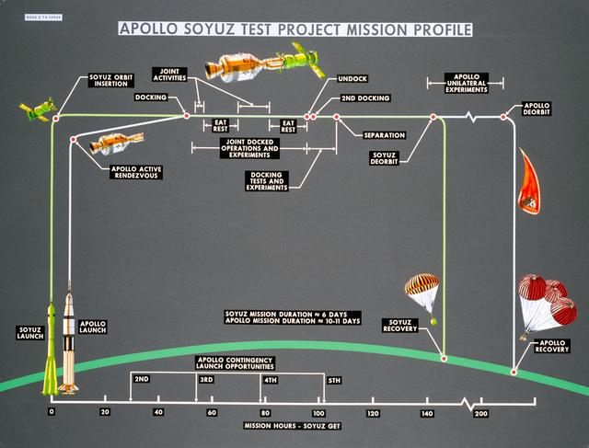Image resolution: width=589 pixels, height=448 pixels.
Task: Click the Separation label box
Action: point(383,135)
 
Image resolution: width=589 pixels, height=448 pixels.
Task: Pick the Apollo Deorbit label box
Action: point(537,108)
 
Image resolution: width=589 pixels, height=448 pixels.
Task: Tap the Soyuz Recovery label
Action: point(400,325)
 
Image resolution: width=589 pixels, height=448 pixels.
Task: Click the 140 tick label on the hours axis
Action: point(427,415)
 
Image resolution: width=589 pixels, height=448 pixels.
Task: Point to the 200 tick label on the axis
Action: point(481,415)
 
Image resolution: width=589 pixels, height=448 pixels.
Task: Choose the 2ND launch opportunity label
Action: point(142,380)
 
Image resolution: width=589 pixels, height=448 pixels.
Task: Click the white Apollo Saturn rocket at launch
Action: point(70,345)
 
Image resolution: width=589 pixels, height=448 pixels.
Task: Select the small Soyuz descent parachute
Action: point(428,294)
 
